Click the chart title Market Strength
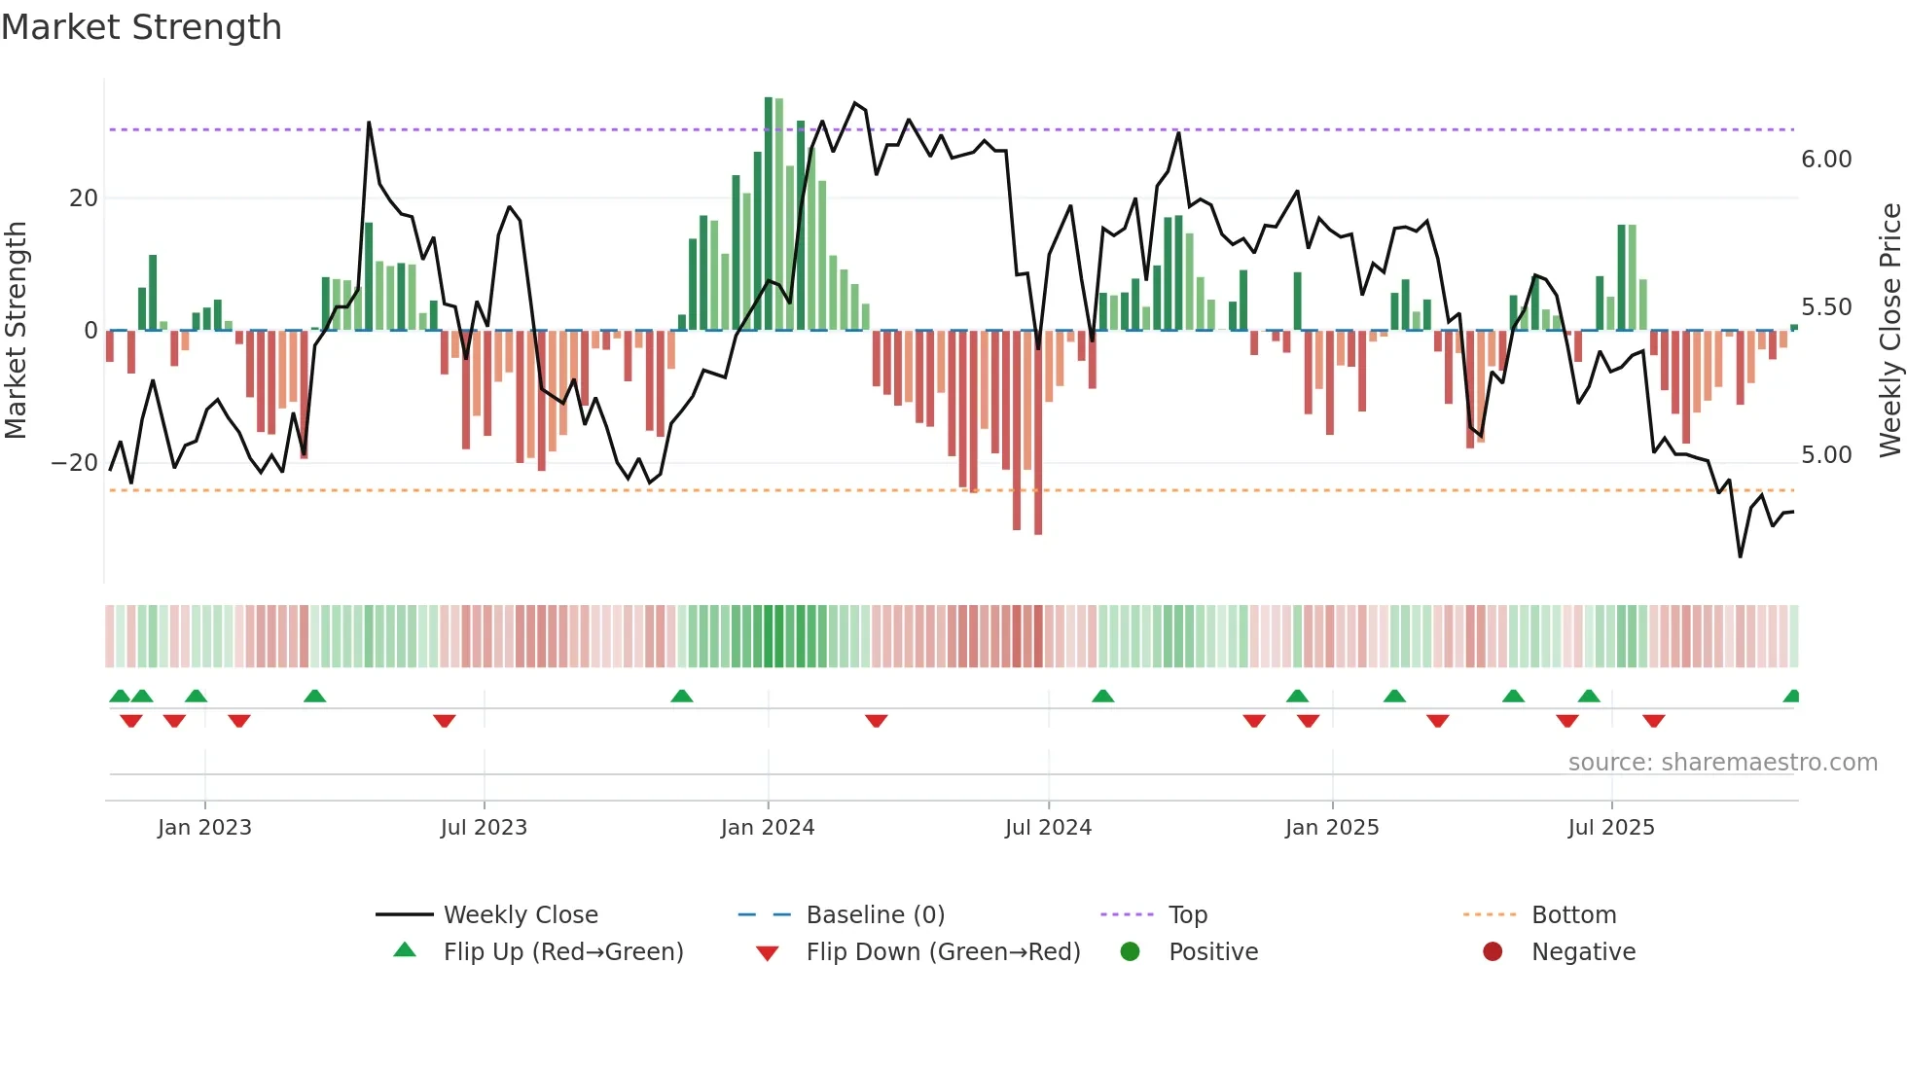click(x=141, y=27)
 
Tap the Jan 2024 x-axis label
click(x=767, y=828)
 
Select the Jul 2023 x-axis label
click(x=484, y=828)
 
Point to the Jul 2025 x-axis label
click(x=1610, y=828)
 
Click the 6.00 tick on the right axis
click(x=1826, y=160)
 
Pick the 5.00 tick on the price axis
click(x=1826, y=455)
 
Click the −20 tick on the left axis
click(x=75, y=463)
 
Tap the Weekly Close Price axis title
click(x=1889, y=330)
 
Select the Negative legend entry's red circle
click(x=1493, y=951)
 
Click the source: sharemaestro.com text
click(x=1722, y=763)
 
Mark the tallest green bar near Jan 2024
click(x=769, y=214)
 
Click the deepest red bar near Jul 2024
click(x=1038, y=433)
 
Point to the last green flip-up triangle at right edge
click(x=1792, y=697)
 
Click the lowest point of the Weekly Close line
click(x=1741, y=556)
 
